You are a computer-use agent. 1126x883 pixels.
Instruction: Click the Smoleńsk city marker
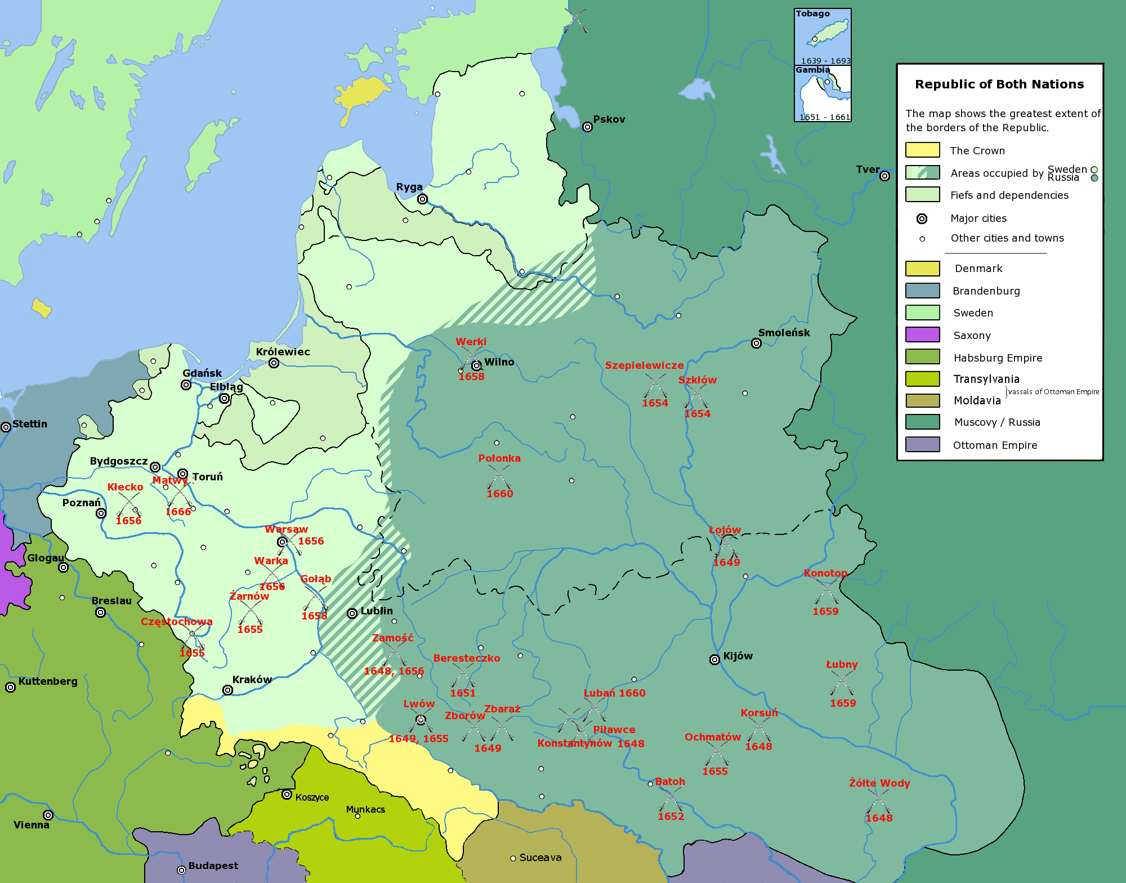click(756, 344)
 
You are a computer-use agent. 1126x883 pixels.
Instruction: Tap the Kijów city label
click(738, 656)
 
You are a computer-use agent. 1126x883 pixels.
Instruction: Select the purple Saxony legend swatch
click(922, 335)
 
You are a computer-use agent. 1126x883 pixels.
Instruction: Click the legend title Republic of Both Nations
click(999, 84)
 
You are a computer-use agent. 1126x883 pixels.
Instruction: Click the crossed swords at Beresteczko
click(463, 675)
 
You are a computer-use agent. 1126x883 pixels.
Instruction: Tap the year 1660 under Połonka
click(500, 494)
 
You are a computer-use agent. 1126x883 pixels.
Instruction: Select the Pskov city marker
click(587, 127)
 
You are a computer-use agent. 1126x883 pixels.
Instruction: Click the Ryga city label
click(409, 187)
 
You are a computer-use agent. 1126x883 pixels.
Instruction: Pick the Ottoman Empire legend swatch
click(922, 445)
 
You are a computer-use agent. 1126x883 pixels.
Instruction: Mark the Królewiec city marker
click(274, 363)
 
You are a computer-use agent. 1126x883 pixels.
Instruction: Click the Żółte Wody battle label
click(879, 783)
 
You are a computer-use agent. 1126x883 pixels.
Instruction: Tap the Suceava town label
click(540, 858)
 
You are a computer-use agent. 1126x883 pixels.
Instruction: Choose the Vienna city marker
click(48, 815)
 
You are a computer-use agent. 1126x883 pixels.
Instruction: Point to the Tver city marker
click(884, 176)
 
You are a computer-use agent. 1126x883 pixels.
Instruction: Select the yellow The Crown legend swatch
click(922, 150)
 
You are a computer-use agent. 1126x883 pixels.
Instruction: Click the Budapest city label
click(213, 866)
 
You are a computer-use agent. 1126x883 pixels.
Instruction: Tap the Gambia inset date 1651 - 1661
click(825, 117)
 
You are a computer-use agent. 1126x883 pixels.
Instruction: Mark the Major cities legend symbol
click(922, 218)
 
